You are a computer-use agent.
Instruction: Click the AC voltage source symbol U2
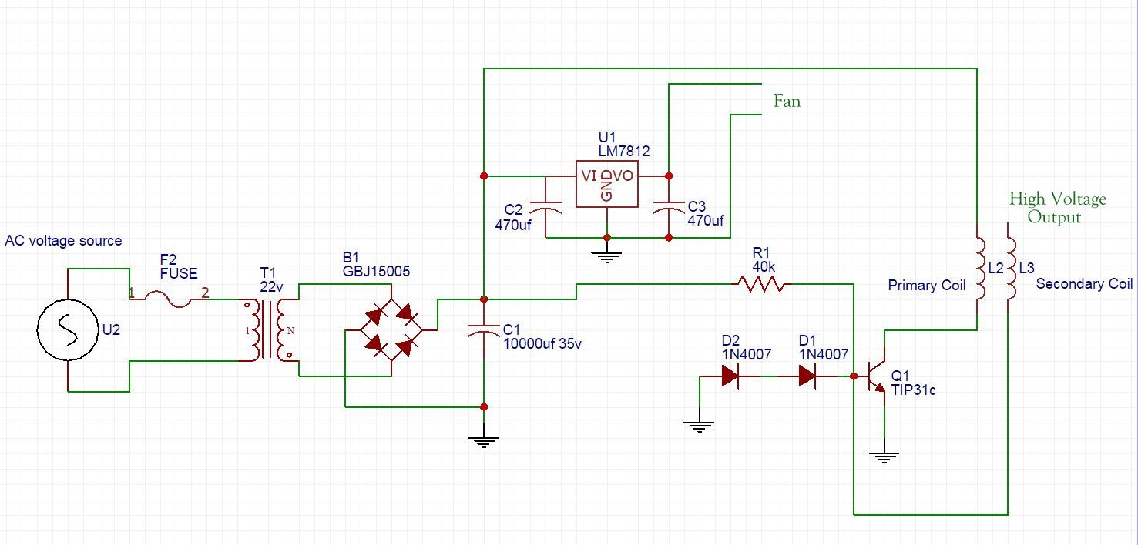(x=68, y=330)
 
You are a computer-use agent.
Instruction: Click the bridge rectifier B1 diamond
(x=391, y=330)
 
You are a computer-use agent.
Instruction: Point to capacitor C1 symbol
(x=483, y=330)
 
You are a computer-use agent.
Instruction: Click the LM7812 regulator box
(x=607, y=183)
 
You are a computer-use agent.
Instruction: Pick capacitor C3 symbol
(x=668, y=206)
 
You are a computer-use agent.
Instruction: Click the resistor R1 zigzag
(x=761, y=285)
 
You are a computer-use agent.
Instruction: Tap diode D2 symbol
(x=730, y=376)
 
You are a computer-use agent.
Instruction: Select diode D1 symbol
(x=807, y=376)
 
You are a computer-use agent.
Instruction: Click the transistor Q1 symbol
(x=877, y=376)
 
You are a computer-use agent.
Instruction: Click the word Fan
(x=787, y=101)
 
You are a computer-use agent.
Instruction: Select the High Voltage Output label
(x=1057, y=208)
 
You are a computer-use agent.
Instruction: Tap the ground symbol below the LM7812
(x=607, y=256)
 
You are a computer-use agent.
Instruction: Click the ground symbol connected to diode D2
(x=699, y=426)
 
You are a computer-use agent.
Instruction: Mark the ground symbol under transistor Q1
(x=885, y=456)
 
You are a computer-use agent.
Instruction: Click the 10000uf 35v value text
(x=542, y=344)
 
